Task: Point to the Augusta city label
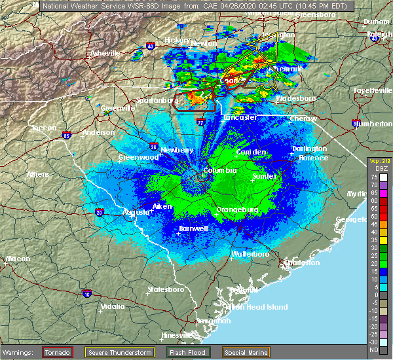pyautogui.click(x=136, y=212)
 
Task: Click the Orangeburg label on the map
pyautogui.click(x=237, y=210)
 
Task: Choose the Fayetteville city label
pyautogui.click(x=371, y=89)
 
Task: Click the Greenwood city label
pyautogui.click(x=138, y=157)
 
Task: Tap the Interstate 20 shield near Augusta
pyautogui.click(x=99, y=211)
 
